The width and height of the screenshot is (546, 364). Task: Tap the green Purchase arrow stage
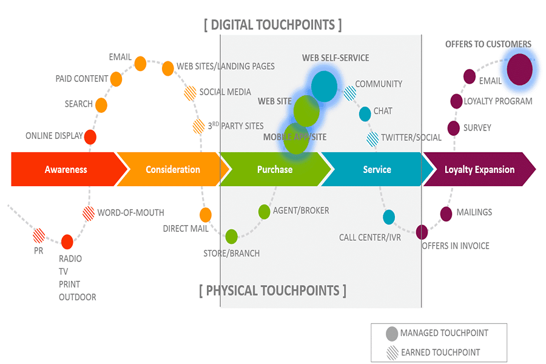coord(274,170)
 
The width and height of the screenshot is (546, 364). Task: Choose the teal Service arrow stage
coord(376,170)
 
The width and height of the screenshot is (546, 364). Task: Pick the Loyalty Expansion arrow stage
coord(479,170)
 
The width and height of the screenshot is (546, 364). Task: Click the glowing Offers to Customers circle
coord(519,70)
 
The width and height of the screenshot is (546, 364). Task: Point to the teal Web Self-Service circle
coord(325,86)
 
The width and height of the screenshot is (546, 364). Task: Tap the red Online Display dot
coord(90,136)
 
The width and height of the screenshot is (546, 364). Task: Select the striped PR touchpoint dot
coord(39,235)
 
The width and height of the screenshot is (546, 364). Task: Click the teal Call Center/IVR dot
coord(389,217)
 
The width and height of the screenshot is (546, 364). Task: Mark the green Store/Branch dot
coord(231,236)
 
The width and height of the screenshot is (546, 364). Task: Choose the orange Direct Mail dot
coord(206,215)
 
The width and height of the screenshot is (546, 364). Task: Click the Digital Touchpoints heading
coord(272,25)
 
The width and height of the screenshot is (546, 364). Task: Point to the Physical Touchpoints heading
coord(272,291)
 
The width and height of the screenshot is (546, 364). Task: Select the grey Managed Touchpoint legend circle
coord(392,333)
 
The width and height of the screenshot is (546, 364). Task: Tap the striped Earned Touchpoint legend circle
coord(392,352)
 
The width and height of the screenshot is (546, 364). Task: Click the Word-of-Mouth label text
coord(130,213)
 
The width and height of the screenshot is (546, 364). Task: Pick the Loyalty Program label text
coord(497,101)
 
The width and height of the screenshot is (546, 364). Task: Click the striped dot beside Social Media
coord(190,93)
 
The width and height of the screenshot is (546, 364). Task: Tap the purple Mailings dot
coord(446,214)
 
